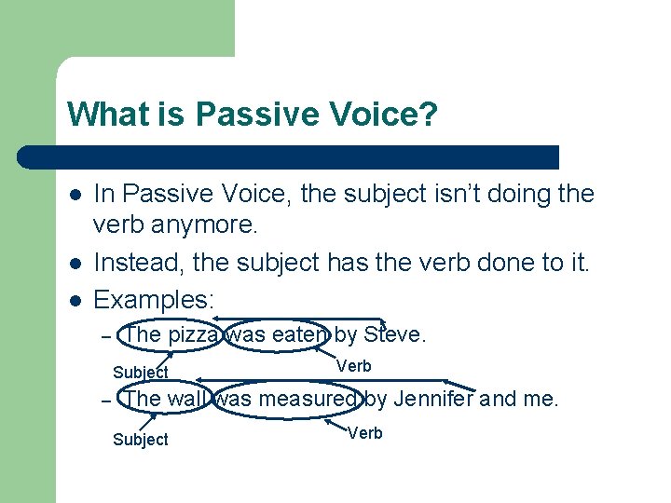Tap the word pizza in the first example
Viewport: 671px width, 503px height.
coord(193,333)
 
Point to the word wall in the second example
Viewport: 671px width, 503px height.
coord(185,399)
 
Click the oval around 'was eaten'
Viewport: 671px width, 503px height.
coord(278,333)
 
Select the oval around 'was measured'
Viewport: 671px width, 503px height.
coord(285,399)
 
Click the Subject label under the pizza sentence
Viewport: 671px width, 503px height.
coord(140,373)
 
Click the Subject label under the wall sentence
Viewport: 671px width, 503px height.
coord(140,440)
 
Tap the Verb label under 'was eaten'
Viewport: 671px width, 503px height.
coord(353,366)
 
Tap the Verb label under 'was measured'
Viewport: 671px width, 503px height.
coord(364,433)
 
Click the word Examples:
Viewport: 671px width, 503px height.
coord(155,299)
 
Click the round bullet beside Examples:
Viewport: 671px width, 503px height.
coord(75,300)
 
